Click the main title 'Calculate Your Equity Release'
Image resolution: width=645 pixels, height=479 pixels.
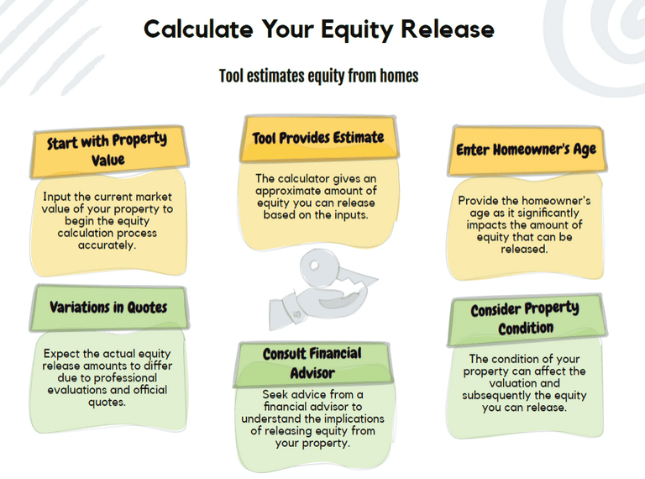point(319,29)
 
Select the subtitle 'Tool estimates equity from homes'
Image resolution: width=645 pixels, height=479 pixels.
point(319,76)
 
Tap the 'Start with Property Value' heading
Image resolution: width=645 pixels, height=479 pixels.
point(107,150)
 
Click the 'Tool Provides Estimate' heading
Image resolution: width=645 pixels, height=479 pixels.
point(318,138)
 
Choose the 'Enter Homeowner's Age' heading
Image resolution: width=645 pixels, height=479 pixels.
point(526,150)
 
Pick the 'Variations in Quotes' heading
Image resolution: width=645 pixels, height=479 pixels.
point(108,307)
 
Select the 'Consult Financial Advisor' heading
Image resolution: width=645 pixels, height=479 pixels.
point(312,363)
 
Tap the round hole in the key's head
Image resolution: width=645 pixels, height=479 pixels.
point(315,265)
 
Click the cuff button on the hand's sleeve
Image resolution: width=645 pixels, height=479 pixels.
point(297,315)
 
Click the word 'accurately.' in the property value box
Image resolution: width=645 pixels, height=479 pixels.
point(107,245)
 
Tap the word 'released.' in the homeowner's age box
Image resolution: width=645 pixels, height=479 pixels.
point(524,249)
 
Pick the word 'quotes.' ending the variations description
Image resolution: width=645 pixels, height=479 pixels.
point(107,402)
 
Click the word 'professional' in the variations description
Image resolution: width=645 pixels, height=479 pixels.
point(125,378)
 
